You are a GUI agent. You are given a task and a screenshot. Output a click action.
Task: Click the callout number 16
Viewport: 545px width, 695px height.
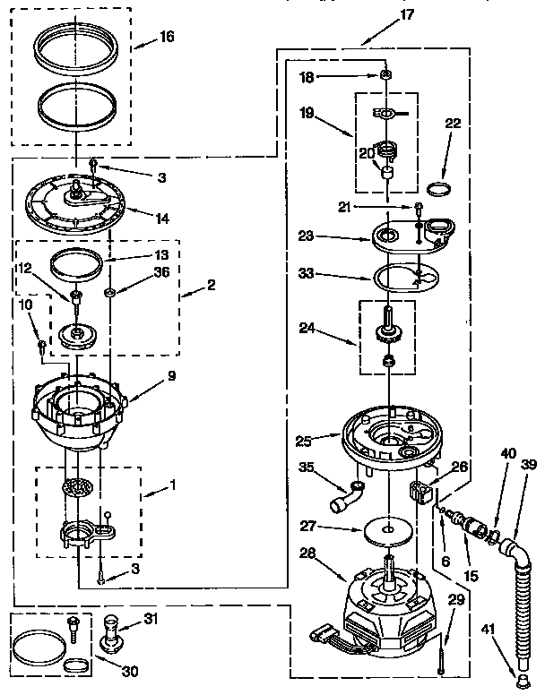(167, 37)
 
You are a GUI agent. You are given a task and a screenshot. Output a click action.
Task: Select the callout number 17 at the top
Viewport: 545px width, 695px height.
(383, 14)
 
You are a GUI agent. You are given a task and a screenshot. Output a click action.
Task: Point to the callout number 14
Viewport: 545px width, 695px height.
(162, 216)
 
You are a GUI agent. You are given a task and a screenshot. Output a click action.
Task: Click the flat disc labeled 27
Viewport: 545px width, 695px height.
(388, 529)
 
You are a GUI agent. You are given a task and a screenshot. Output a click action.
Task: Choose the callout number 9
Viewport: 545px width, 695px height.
(170, 377)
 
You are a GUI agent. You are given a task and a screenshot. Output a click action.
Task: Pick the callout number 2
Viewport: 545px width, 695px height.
(211, 285)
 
